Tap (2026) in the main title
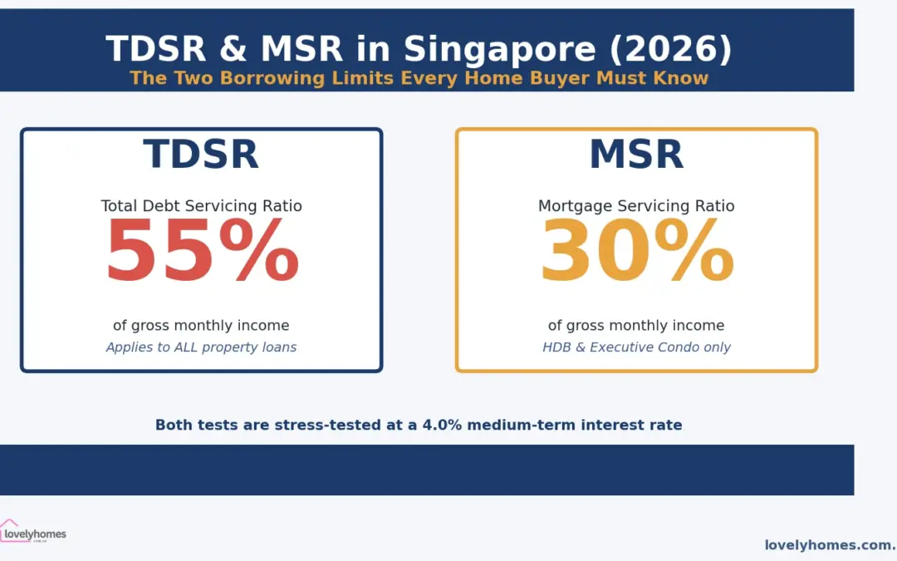pyautogui.click(x=671, y=50)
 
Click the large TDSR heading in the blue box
pyautogui.click(x=201, y=155)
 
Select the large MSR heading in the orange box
pyautogui.click(x=636, y=155)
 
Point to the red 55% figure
pyautogui.click(x=202, y=252)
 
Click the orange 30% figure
pyautogui.click(x=637, y=252)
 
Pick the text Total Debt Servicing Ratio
pyautogui.click(x=202, y=206)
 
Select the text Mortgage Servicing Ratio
pyautogui.click(x=636, y=206)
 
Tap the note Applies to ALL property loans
pyautogui.click(x=201, y=347)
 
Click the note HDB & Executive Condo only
pyautogui.click(x=636, y=347)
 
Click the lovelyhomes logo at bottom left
pyautogui.click(x=33, y=533)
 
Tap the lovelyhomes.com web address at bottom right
pyautogui.click(x=830, y=545)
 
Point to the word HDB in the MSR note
pyautogui.click(x=557, y=347)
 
